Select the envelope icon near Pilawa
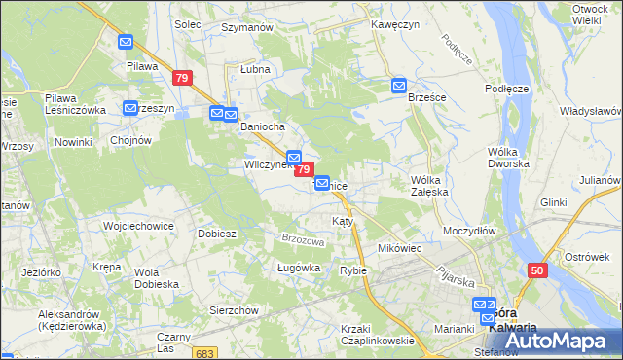click(x=127, y=43)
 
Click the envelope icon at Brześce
click(x=399, y=86)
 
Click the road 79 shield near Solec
click(x=181, y=78)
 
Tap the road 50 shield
click(x=538, y=270)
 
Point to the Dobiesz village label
click(x=217, y=234)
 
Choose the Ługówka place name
click(x=272, y=268)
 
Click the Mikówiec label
click(x=399, y=248)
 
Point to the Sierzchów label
click(x=234, y=309)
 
